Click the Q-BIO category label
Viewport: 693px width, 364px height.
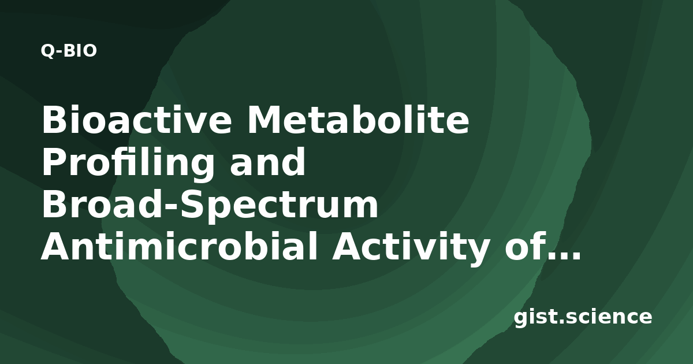click(69, 51)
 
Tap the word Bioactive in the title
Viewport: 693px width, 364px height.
click(137, 120)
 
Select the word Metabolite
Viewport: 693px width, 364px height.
click(358, 120)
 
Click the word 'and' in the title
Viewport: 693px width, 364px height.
click(267, 162)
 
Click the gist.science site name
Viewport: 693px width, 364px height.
click(583, 317)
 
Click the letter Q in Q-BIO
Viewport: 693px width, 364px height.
click(47, 51)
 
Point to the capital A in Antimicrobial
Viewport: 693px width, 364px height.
click(57, 246)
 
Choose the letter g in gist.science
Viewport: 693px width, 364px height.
click(522, 320)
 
